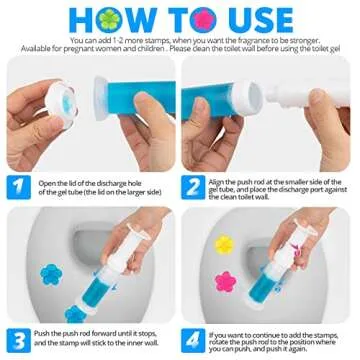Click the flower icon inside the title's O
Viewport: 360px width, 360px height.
(x=134, y=17)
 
